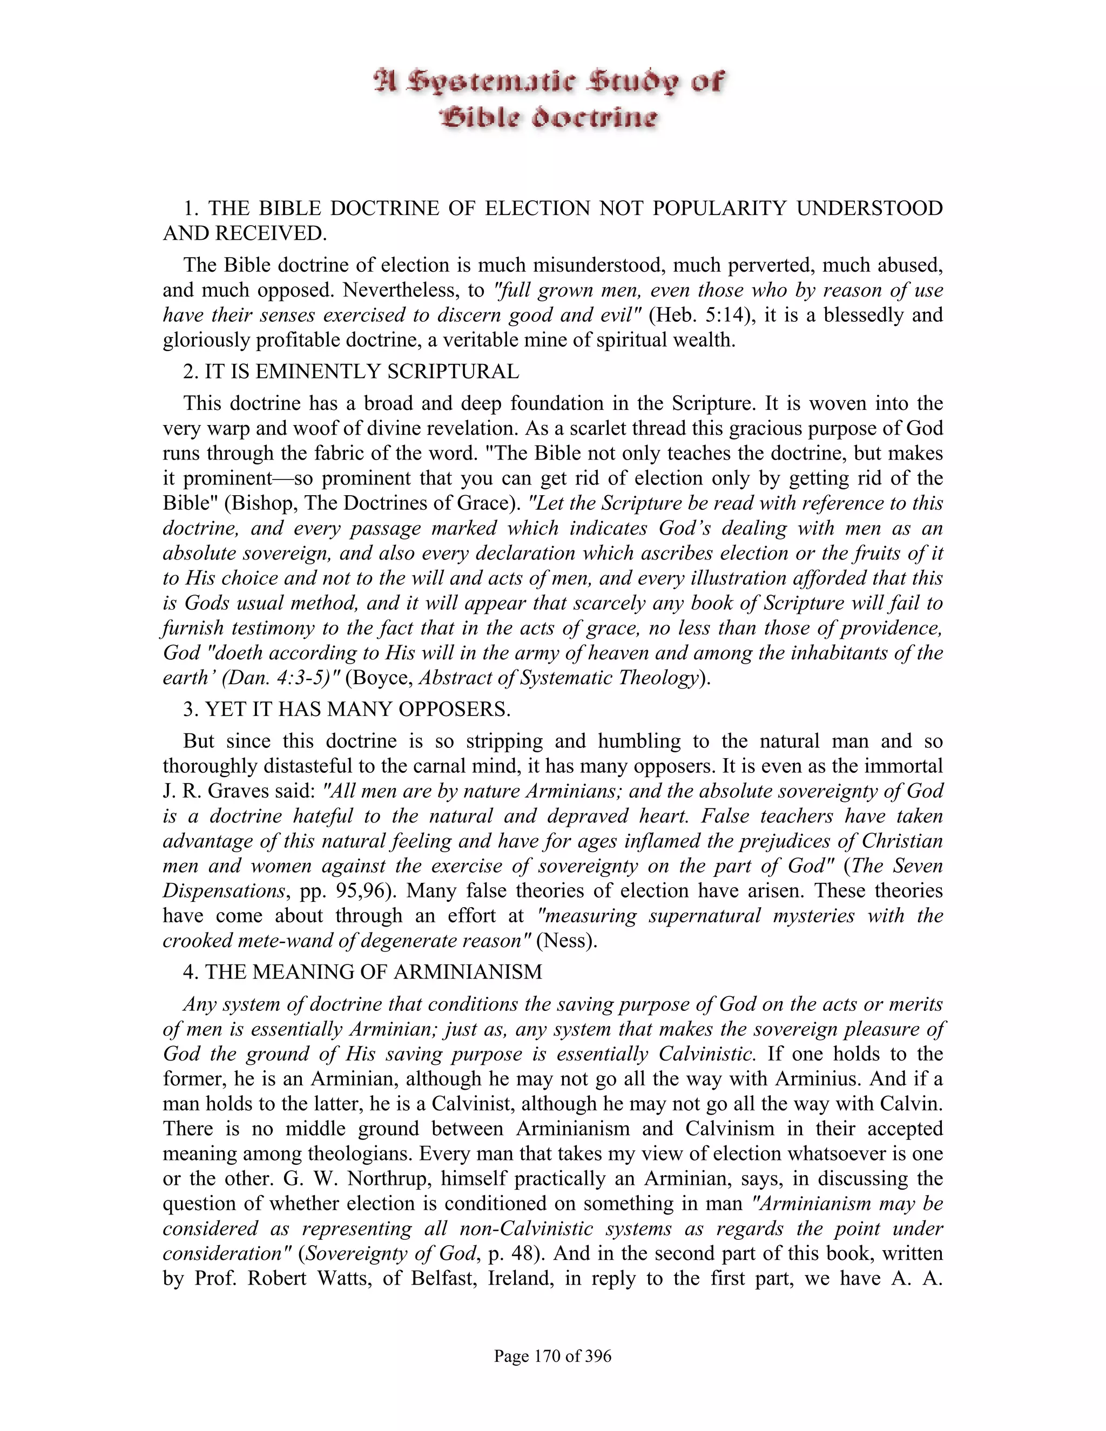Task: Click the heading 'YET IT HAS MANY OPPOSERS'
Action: (356, 709)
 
